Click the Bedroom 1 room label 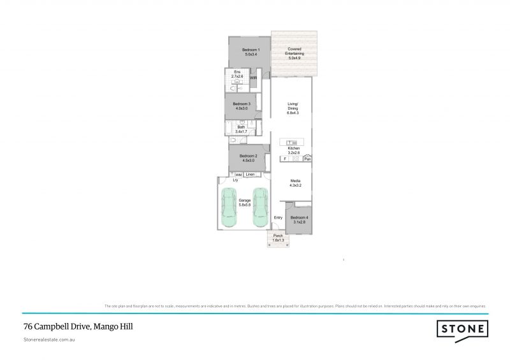click(249, 52)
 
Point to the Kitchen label click(293, 150)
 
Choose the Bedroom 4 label click(298, 220)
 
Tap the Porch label click(278, 238)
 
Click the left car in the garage click(229, 208)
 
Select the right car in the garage click(259, 208)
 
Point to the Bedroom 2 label click(248, 158)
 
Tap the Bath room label click(241, 129)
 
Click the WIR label click(253, 78)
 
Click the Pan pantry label click(307, 159)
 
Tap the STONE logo click(462, 329)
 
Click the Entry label click(278, 218)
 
